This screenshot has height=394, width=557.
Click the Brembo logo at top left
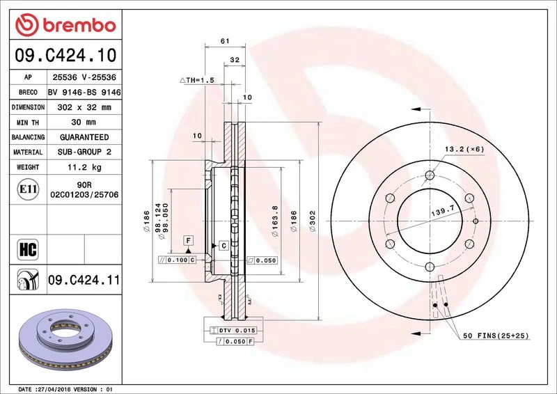[65, 25]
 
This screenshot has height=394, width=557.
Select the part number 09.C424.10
[65, 56]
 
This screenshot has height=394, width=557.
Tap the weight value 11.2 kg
[84, 167]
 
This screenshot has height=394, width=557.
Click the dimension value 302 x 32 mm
[84, 107]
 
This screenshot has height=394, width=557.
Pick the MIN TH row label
[28, 123]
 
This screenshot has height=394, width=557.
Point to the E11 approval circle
[28, 189]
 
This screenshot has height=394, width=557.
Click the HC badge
[28, 249]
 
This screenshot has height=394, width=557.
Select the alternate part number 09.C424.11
[84, 280]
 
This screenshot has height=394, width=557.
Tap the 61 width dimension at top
[225, 41]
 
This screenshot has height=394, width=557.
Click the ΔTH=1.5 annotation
[197, 80]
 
